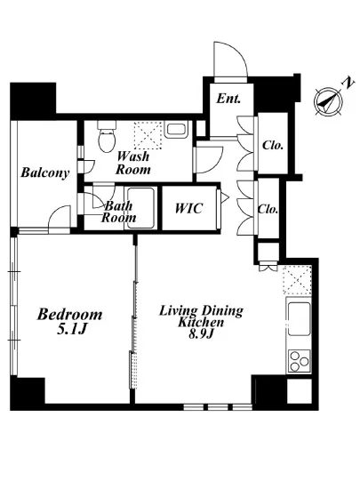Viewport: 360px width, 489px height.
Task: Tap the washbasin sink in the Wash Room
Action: click(x=176, y=130)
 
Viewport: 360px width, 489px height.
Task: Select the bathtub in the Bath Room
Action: click(x=140, y=208)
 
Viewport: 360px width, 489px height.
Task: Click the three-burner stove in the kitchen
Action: click(x=300, y=361)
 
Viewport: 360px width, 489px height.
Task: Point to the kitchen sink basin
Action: click(x=299, y=318)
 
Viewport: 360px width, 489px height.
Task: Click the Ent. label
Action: click(x=228, y=99)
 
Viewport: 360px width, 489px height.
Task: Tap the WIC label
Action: click(x=188, y=208)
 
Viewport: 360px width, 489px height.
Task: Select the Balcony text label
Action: click(x=44, y=172)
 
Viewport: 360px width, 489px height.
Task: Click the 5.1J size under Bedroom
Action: click(x=71, y=329)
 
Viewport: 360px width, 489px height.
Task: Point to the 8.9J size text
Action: click(x=201, y=334)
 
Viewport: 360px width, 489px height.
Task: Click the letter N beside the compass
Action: click(x=348, y=83)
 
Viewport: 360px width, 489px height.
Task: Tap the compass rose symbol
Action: click(x=328, y=102)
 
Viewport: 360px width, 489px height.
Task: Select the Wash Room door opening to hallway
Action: click(x=208, y=160)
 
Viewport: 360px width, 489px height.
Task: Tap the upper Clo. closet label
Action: click(x=273, y=145)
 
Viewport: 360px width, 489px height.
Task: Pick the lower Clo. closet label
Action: click(x=268, y=209)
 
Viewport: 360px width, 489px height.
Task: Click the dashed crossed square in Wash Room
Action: click(x=148, y=135)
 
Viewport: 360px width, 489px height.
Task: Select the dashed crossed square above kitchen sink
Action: click(x=298, y=280)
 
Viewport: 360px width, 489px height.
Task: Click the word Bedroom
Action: click(x=69, y=315)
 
